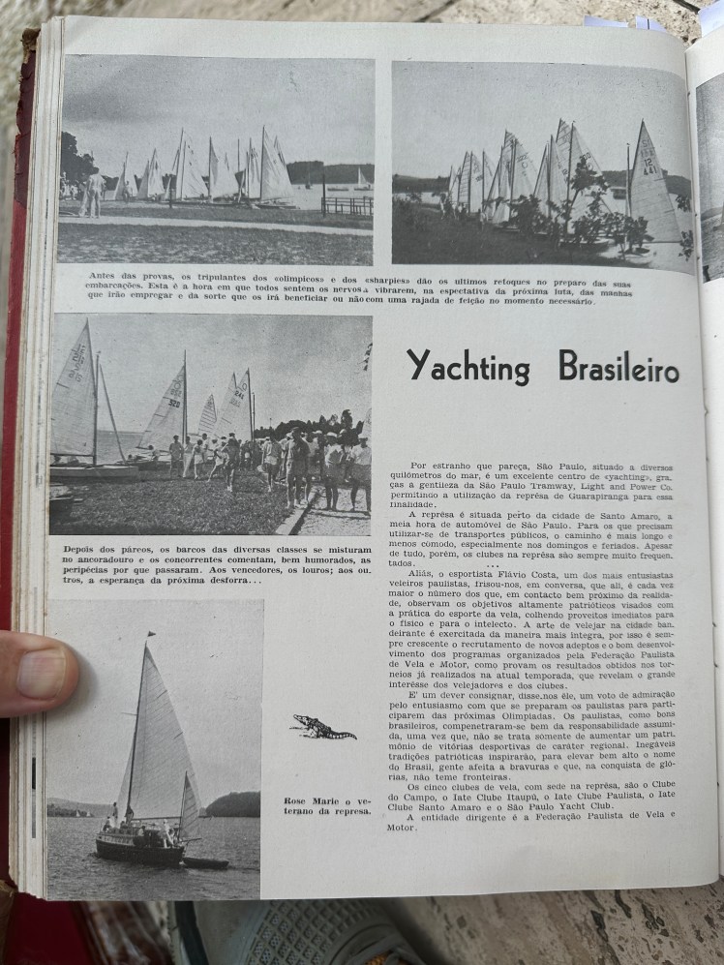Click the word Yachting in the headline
coord(468,366)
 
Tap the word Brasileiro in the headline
coord(618,368)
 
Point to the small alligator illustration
coord(322,728)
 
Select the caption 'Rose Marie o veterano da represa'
coord(327,805)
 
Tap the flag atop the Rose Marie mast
coord(150,636)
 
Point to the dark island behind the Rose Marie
coord(232,804)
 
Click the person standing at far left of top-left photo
coord(94,193)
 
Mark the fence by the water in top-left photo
coord(347,205)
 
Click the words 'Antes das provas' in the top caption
coord(118,277)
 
